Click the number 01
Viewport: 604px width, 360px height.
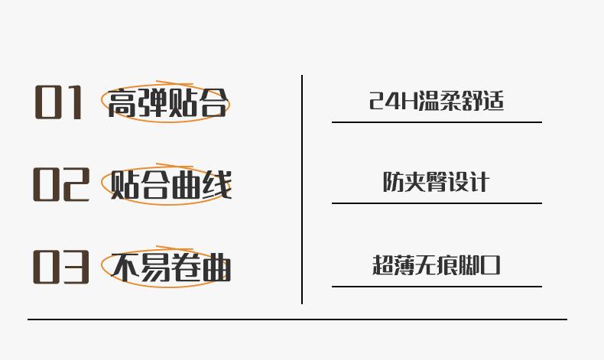(x=58, y=102)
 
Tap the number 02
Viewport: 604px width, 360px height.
(x=60, y=185)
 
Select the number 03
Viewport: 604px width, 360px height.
(x=60, y=267)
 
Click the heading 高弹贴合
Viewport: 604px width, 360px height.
(x=167, y=103)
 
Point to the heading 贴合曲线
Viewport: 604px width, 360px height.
(x=170, y=185)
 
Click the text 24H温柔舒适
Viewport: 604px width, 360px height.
(x=437, y=101)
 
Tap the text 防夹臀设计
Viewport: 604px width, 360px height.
(x=436, y=183)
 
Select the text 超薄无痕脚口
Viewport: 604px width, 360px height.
(x=436, y=265)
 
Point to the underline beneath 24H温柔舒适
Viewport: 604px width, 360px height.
(x=437, y=122)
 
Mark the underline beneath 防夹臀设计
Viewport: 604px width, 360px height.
(x=437, y=203)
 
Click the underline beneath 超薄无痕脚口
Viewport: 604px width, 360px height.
(x=437, y=287)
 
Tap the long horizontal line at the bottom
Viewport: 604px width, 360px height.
(x=297, y=319)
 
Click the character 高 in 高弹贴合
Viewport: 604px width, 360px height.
(x=122, y=103)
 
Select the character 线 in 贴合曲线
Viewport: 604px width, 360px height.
(x=216, y=185)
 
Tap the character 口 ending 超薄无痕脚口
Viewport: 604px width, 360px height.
(x=490, y=265)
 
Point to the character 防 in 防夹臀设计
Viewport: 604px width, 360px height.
(x=393, y=183)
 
